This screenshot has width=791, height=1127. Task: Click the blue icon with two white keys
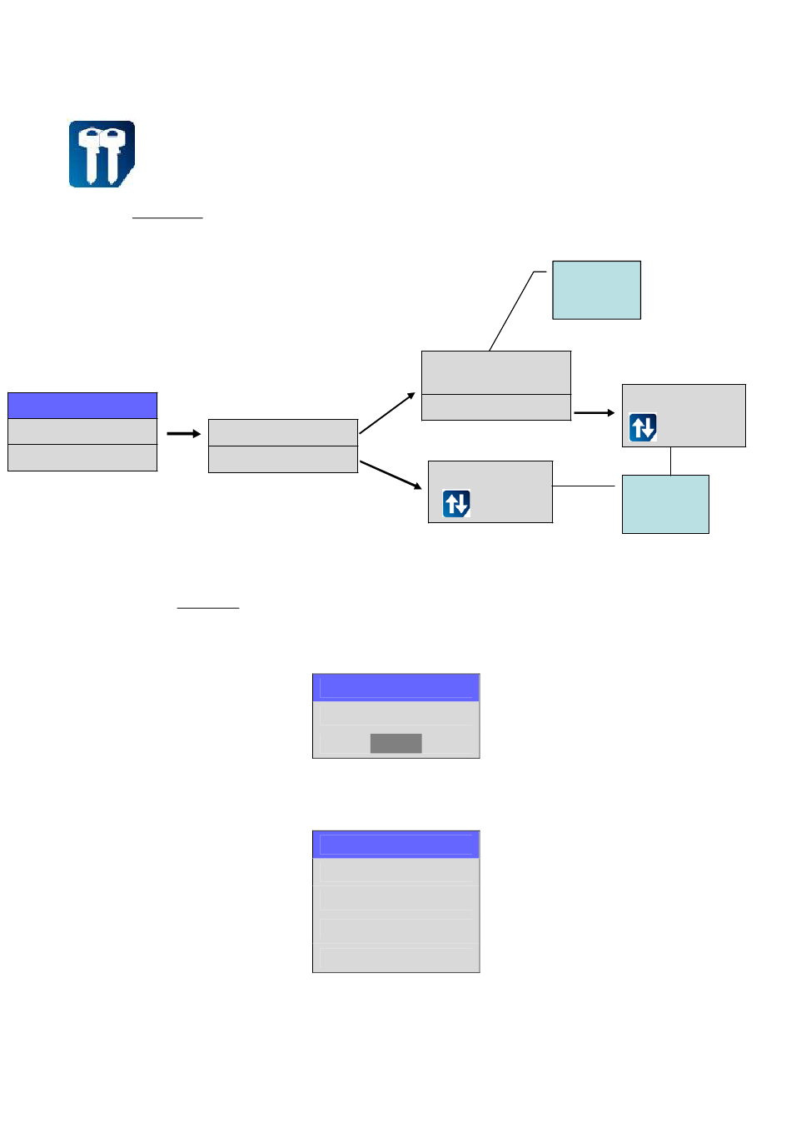point(102,154)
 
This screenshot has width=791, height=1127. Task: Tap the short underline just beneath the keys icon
point(167,217)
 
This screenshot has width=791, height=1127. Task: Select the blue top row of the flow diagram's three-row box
point(82,406)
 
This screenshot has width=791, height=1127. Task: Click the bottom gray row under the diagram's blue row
point(82,458)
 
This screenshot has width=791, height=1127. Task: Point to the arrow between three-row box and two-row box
point(183,433)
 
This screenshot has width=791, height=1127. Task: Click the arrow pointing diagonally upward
point(387,413)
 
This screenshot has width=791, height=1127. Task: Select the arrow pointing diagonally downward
point(391,475)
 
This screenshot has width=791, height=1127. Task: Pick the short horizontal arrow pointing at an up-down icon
point(594,412)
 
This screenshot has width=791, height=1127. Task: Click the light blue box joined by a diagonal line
point(596,290)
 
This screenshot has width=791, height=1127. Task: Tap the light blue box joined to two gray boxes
point(665,504)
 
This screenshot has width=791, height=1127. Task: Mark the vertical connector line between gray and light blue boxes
point(670,461)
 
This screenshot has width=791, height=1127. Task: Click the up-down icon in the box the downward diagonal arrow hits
point(456,503)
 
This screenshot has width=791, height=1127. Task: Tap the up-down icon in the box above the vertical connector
point(643,427)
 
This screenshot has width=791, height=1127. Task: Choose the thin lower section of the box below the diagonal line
point(496,407)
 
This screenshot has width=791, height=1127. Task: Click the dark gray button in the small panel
point(395,743)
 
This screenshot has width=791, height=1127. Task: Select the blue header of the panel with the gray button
point(395,687)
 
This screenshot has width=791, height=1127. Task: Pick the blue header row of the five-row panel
point(395,844)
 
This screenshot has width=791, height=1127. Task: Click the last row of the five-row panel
point(395,959)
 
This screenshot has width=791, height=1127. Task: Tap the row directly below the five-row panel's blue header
point(395,871)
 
